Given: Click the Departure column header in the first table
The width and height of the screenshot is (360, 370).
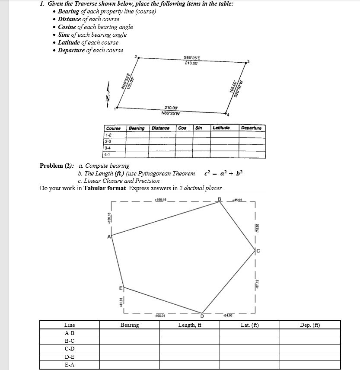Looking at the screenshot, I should [252, 128].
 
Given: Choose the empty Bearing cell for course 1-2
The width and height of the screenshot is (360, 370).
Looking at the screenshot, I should [137, 134].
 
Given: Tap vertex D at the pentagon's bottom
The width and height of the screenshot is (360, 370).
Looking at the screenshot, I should [201, 314].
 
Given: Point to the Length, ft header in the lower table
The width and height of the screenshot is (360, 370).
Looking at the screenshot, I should [190, 325].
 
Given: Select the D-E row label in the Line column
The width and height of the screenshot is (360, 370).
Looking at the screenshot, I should [69, 357].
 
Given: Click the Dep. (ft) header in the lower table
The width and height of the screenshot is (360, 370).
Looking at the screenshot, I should [310, 325].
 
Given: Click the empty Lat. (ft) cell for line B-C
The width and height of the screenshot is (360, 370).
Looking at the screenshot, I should [249, 341].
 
